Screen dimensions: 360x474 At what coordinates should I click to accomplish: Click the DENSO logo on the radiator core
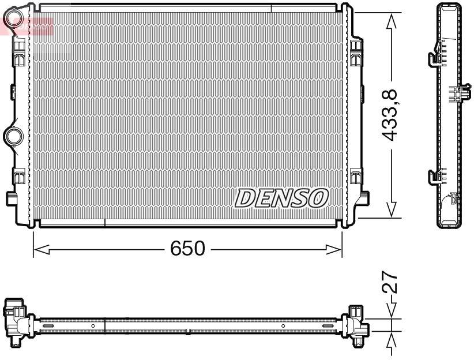coord(281,198)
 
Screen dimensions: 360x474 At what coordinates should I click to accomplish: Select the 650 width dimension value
coord(187,249)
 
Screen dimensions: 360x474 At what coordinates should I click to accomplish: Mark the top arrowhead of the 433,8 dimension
coord(392,21)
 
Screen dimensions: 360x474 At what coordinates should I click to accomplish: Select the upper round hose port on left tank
coord(13,21)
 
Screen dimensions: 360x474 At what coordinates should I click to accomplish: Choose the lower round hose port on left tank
coord(12,136)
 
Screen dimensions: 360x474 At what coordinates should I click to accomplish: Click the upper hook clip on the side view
coord(434,57)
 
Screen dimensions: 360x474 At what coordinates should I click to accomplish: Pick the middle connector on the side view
coord(457,94)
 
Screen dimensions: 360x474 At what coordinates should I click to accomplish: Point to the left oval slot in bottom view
coord(48,326)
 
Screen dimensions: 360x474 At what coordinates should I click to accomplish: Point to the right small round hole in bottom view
coord(283,326)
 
